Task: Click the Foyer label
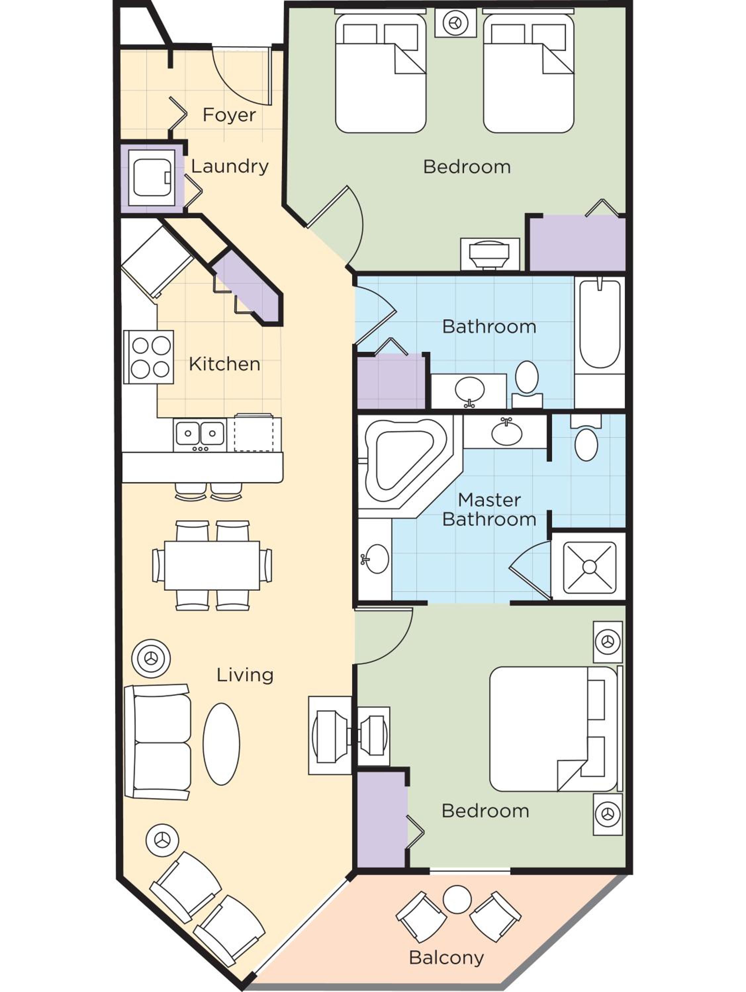click(229, 115)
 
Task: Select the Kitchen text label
click(224, 364)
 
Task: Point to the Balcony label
click(446, 958)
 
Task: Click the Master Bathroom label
click(489, 510)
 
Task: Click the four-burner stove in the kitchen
click(149, 357)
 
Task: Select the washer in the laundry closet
click(151, 178)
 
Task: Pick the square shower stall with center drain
click(589, 566)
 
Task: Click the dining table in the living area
click(212, 565)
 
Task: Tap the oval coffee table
click(221, 744)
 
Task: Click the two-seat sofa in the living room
click(158, 742)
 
